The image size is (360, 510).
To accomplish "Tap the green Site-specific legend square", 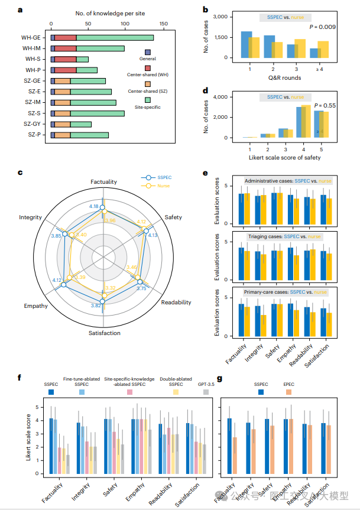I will point(147,100).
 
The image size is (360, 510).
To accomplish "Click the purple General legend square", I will point(147,53).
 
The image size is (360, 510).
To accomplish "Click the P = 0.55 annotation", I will point(325,105).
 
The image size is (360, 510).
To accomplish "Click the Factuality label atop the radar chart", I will point(103,181).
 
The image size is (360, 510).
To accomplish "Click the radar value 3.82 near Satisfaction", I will point(96,306).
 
